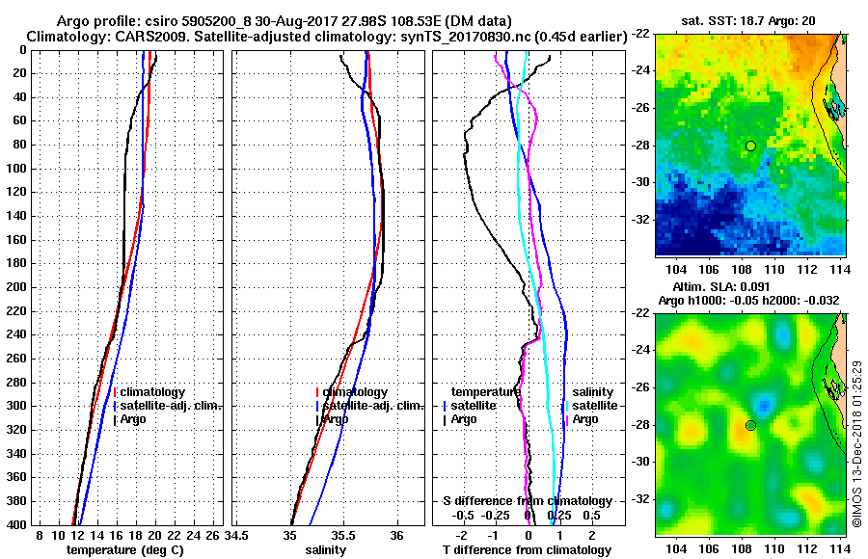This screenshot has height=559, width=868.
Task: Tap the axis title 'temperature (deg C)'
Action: pyautogui.click(x=124, y=549)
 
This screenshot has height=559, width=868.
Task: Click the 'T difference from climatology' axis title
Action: pyautogui.click(x=528, y=549)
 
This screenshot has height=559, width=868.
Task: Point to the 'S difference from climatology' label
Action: pyautogui.click(x=528, y=501)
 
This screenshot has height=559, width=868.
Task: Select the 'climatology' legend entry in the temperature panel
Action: pyautogui.click(x=153, y=392)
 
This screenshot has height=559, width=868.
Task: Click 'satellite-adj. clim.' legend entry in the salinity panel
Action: pyautogui.click(x=371, y=406)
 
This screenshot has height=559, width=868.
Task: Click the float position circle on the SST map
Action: pyautogui.click(x=750, y=146)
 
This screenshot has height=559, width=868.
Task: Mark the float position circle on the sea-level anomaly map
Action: pyautogui.click(x=750, y=425)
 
